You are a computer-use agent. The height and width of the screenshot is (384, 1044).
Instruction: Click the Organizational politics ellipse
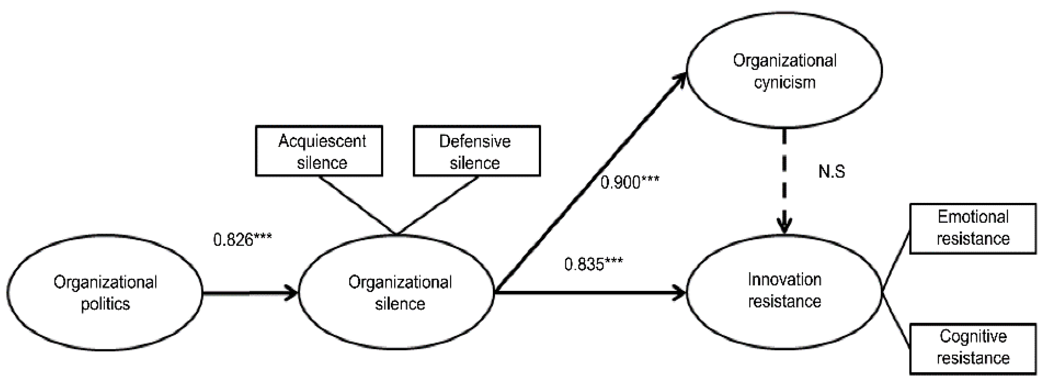pyautogui.click(x=105, y=292)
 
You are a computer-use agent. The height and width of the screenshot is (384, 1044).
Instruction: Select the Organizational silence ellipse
pyautogui.click(x=396, y=292)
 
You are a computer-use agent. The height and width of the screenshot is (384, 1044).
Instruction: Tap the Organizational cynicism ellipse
pyautogui.click(x=784, y=71)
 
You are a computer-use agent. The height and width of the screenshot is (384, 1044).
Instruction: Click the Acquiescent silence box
pyautogui.click(x=319, y=151)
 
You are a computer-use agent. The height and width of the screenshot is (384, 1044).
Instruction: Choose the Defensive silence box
pyautogui.click(x=477, y=151)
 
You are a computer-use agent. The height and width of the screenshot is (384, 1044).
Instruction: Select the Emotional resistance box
pyautogui.click(x=973, y=229)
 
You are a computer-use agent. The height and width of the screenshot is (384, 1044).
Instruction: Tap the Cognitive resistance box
pyautogui.click(x=973, y=348)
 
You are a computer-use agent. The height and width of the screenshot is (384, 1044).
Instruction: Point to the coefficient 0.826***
pyautogui.click(x=242, y=240)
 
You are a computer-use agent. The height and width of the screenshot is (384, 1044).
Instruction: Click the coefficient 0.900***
pyautogui.click(x=629, y=182)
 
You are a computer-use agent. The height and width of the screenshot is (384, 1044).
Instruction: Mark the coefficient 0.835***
pyautogui.click(x=593, y=264)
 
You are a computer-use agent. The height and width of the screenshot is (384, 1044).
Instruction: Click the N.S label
pyautogui.click(x=831, y=171)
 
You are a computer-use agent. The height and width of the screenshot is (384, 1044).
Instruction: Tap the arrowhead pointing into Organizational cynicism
pyautogui.click(x=680, y=79)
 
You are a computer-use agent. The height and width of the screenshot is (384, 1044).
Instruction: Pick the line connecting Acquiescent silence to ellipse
pyautogui.click(x=356, y=205)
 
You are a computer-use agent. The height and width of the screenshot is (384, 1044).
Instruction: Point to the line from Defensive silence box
pyautogui.click(x=438, y=205)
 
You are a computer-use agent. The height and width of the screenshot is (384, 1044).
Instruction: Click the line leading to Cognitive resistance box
pyautogui.click(x=896, y=320)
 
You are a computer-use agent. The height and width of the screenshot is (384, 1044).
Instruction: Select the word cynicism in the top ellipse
pyautogui.click(x=784, y=83)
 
